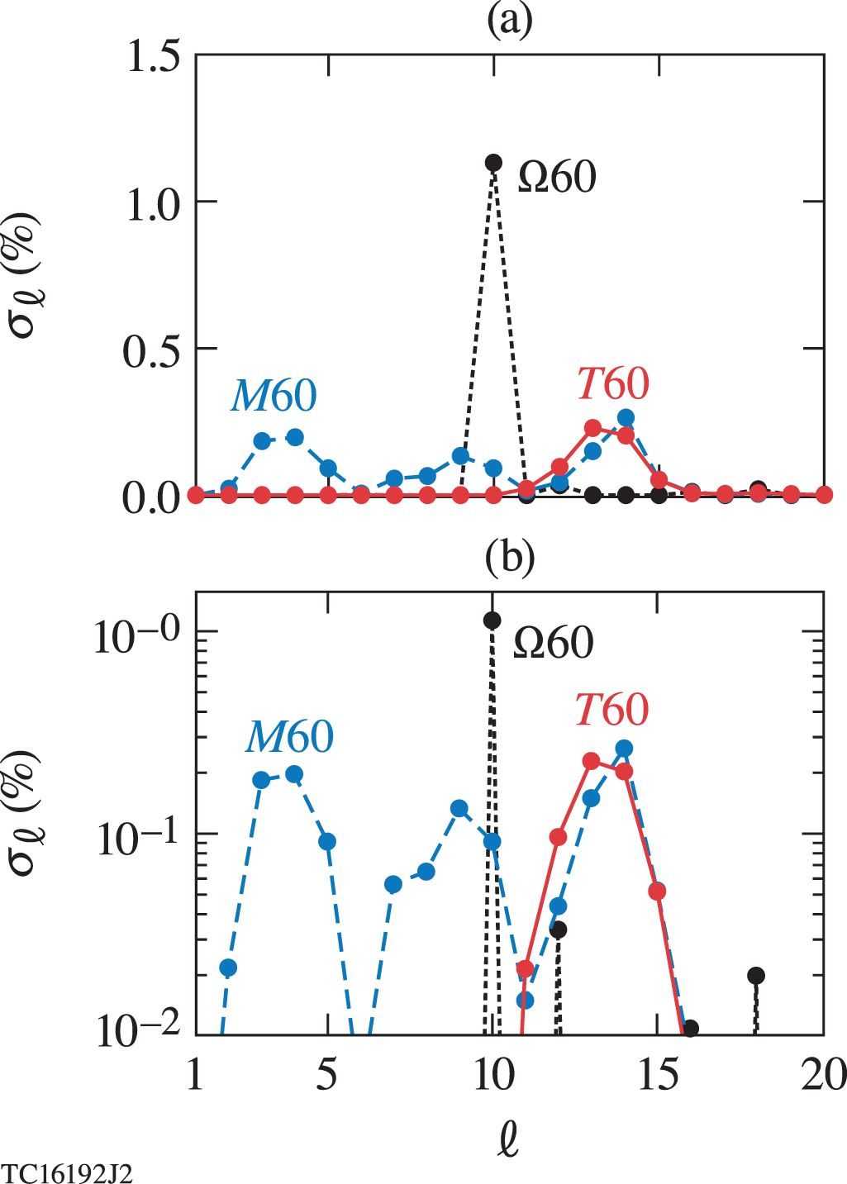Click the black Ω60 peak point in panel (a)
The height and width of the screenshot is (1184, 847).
[493, 162]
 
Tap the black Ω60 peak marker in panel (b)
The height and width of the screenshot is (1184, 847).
[492, 621]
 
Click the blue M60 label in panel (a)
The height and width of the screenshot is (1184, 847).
[274, 396]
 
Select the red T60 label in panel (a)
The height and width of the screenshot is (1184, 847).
[613, 383]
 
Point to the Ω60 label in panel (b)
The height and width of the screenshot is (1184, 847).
[553, 643]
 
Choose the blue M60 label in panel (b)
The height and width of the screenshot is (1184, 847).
[289, 736]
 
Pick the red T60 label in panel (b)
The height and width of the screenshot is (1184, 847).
[611, 710]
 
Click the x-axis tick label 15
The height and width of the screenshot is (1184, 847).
[658, 1075]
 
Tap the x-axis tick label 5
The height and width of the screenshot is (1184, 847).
[327, 1075]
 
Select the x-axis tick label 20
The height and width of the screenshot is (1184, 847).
[823, 1075]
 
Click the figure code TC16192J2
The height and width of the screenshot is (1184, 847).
[67, 1173]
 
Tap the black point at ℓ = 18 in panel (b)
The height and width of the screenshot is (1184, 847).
[755, 976]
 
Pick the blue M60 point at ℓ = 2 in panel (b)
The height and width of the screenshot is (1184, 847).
[228, 968]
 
